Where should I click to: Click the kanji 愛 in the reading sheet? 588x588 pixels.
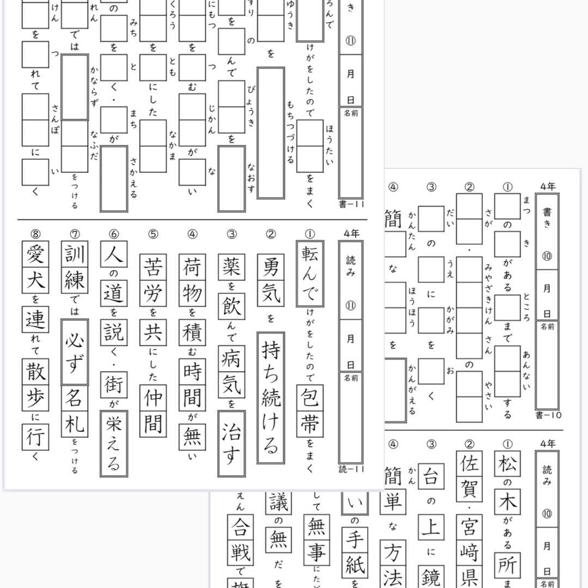(x=35, y=255)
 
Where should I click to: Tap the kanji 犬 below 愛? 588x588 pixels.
(x=35, y=281)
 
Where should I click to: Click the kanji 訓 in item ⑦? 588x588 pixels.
(x=75, y=255)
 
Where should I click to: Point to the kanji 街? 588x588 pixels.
(x=114, y=385)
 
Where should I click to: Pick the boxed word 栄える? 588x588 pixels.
(x=114, y=444)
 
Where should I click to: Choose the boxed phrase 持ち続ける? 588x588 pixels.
(x=271, y=397)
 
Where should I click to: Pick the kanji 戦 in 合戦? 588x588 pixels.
(x=240, y=552)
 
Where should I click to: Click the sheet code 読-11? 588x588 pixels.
(x=350, y=468)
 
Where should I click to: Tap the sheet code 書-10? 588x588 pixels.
(x=548, y=415)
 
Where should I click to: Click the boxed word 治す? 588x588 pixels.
(x=231, y=443)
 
